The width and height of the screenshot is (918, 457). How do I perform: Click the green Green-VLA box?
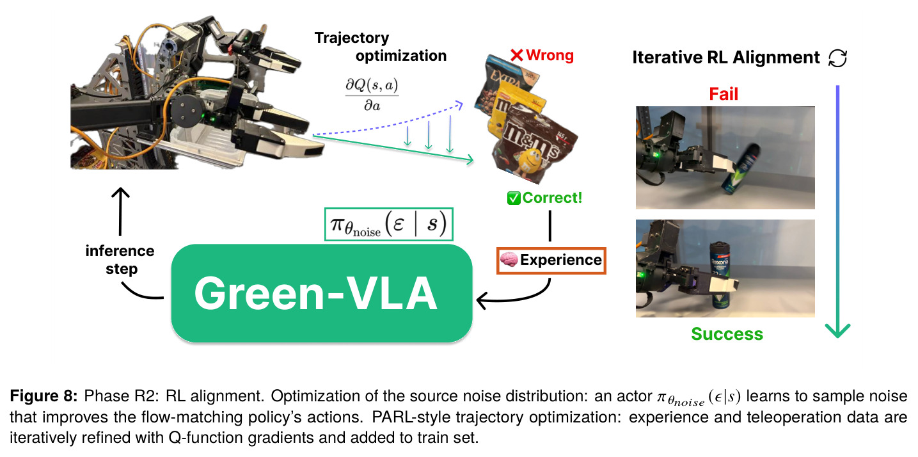point(322,293)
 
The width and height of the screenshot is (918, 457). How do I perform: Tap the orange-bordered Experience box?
point(551,261)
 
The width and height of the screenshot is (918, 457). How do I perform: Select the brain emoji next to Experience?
point(509,260)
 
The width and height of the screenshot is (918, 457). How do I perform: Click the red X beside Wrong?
point(517,55)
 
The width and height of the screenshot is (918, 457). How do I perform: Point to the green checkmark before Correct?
point(514,198)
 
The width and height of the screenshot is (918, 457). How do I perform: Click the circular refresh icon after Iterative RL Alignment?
point(837,58)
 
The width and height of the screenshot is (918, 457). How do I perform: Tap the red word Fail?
point(724,94)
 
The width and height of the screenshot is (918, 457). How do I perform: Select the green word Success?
point(727,334)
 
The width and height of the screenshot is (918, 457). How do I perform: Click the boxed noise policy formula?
point(388,224)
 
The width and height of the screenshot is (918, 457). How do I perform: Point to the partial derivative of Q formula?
point(372,95)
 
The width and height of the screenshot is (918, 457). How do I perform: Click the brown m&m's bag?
point(533,143)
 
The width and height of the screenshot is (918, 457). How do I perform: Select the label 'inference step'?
point(120,259)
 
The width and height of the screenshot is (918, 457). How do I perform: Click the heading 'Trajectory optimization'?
point(380,47)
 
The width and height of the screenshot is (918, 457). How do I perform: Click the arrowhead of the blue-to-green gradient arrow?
point(837,330)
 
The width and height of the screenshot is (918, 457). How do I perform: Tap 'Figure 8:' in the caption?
point(44,396)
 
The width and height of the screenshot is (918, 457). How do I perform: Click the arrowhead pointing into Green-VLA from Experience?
point(480,301)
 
